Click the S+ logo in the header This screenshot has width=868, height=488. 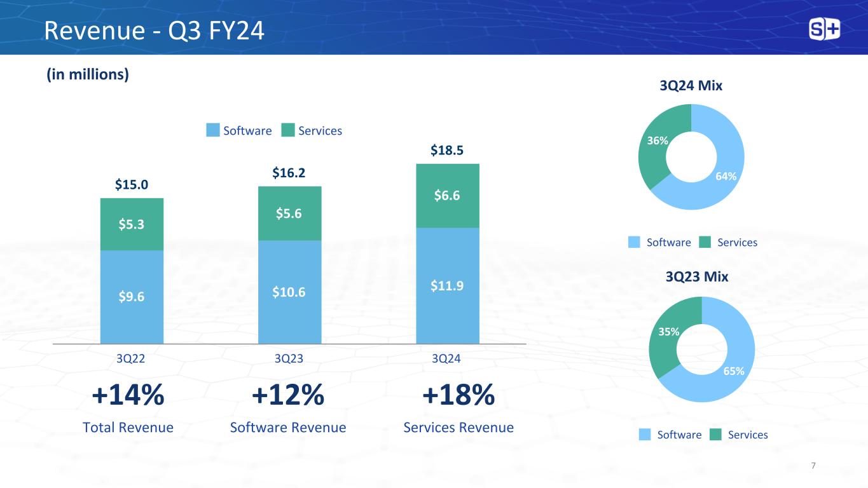(x=825, y=29)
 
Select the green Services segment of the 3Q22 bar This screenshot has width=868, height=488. (x=132, y=224)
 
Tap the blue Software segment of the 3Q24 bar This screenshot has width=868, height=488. (x=447, y=286)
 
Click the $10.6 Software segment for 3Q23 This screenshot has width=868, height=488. (x=289, y=292)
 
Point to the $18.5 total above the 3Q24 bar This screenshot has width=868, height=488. (x=447, y=151)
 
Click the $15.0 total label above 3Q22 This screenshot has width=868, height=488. (x=132, y=185)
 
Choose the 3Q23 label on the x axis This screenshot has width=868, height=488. (x=289, y=358)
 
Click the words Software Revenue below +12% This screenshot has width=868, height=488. (x=288, y=428)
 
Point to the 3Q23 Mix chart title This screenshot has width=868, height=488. (x=697, y=277)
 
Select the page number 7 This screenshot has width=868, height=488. (x=814, y=466)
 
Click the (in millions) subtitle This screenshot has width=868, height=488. (x=87, y=74)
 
